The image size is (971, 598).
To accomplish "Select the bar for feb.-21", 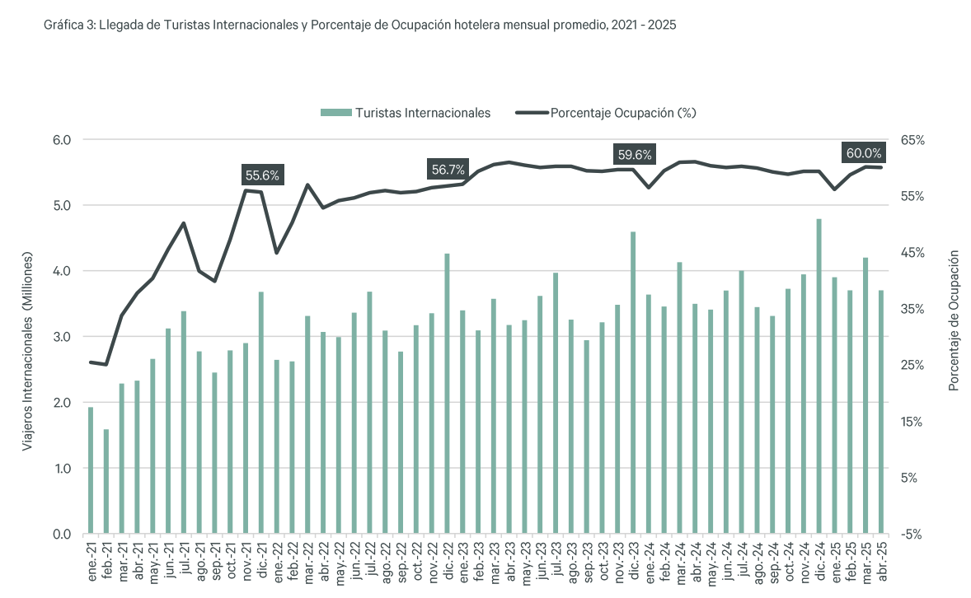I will point(106,481).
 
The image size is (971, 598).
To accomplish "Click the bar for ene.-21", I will point(91,470).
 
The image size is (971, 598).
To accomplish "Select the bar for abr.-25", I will point(881,412).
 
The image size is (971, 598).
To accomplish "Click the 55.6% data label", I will point(263,175).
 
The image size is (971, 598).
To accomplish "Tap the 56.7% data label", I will point(448,170).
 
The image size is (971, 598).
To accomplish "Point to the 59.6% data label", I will point(634,154).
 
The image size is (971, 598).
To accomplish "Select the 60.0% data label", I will point(862,153).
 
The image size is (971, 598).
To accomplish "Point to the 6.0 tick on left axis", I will point(63,140).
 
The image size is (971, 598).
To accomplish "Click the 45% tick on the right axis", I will point(912,253).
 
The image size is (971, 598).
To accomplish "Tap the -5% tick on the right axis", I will point(912,535).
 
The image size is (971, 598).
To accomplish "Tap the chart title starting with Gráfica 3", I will point(359,26).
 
